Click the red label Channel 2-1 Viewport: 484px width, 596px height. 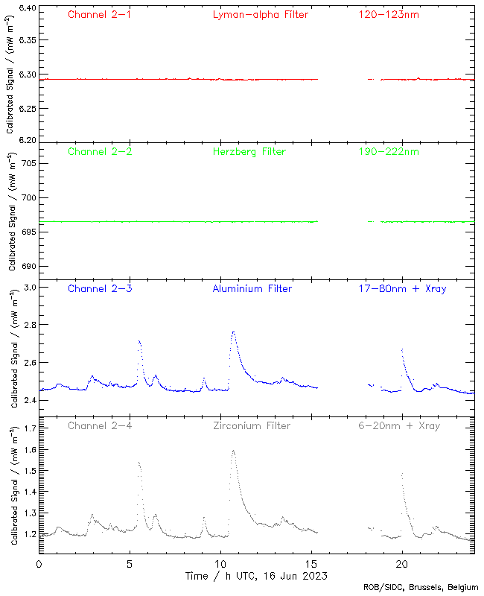(x=99, y=14)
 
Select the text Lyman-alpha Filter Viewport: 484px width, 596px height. (x=260, y=14)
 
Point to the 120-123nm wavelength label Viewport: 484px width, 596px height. (x=388, y=14)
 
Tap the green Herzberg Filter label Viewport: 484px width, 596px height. (x=249, y=151)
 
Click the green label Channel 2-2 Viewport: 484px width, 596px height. (x=99, y=151)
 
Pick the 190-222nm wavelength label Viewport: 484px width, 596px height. (x=388, y=151)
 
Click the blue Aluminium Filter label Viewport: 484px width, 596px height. (x=252, y=288)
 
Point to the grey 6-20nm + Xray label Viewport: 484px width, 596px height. (x=398, y=425)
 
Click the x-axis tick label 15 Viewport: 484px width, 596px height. (x=311, y=564)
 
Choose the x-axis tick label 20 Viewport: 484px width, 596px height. (x=402, y=564)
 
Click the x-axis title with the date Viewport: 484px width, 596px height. (x=256, y=576)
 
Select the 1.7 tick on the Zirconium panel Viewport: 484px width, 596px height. (x=28, y=429)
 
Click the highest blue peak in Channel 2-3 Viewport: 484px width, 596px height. (x=233, y=332)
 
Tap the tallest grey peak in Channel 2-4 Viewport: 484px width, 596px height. (x=233, y=451)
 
